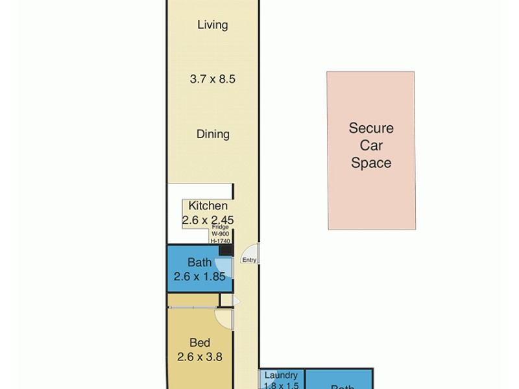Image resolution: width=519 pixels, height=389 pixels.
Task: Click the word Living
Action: point(213,25)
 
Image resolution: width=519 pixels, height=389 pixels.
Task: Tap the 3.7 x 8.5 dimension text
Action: point(212,80)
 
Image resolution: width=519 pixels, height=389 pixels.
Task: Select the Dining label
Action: point(213,134)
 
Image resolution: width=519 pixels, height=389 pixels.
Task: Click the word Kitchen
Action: point(208,206)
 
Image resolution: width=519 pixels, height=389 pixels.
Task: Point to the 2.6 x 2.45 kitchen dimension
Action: point(208,220)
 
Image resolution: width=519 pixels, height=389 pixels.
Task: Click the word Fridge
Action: point(220,228)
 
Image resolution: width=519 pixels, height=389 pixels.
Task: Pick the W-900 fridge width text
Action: point(220,234)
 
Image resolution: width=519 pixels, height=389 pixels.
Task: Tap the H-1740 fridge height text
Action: point(220,241)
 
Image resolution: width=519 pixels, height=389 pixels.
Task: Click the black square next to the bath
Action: point(225,250)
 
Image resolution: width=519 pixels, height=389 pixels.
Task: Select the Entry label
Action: point(250,260)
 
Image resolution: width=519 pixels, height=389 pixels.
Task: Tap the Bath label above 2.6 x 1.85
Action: point(199,263)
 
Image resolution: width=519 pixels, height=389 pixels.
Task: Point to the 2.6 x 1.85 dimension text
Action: point(199,277)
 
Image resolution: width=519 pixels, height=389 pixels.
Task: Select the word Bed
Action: point(199,343)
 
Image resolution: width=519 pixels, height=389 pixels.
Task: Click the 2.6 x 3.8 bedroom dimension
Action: point(199,356)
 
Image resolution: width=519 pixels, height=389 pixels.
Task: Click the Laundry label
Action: point(282,375)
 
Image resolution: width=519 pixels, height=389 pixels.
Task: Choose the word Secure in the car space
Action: point(371,128)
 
